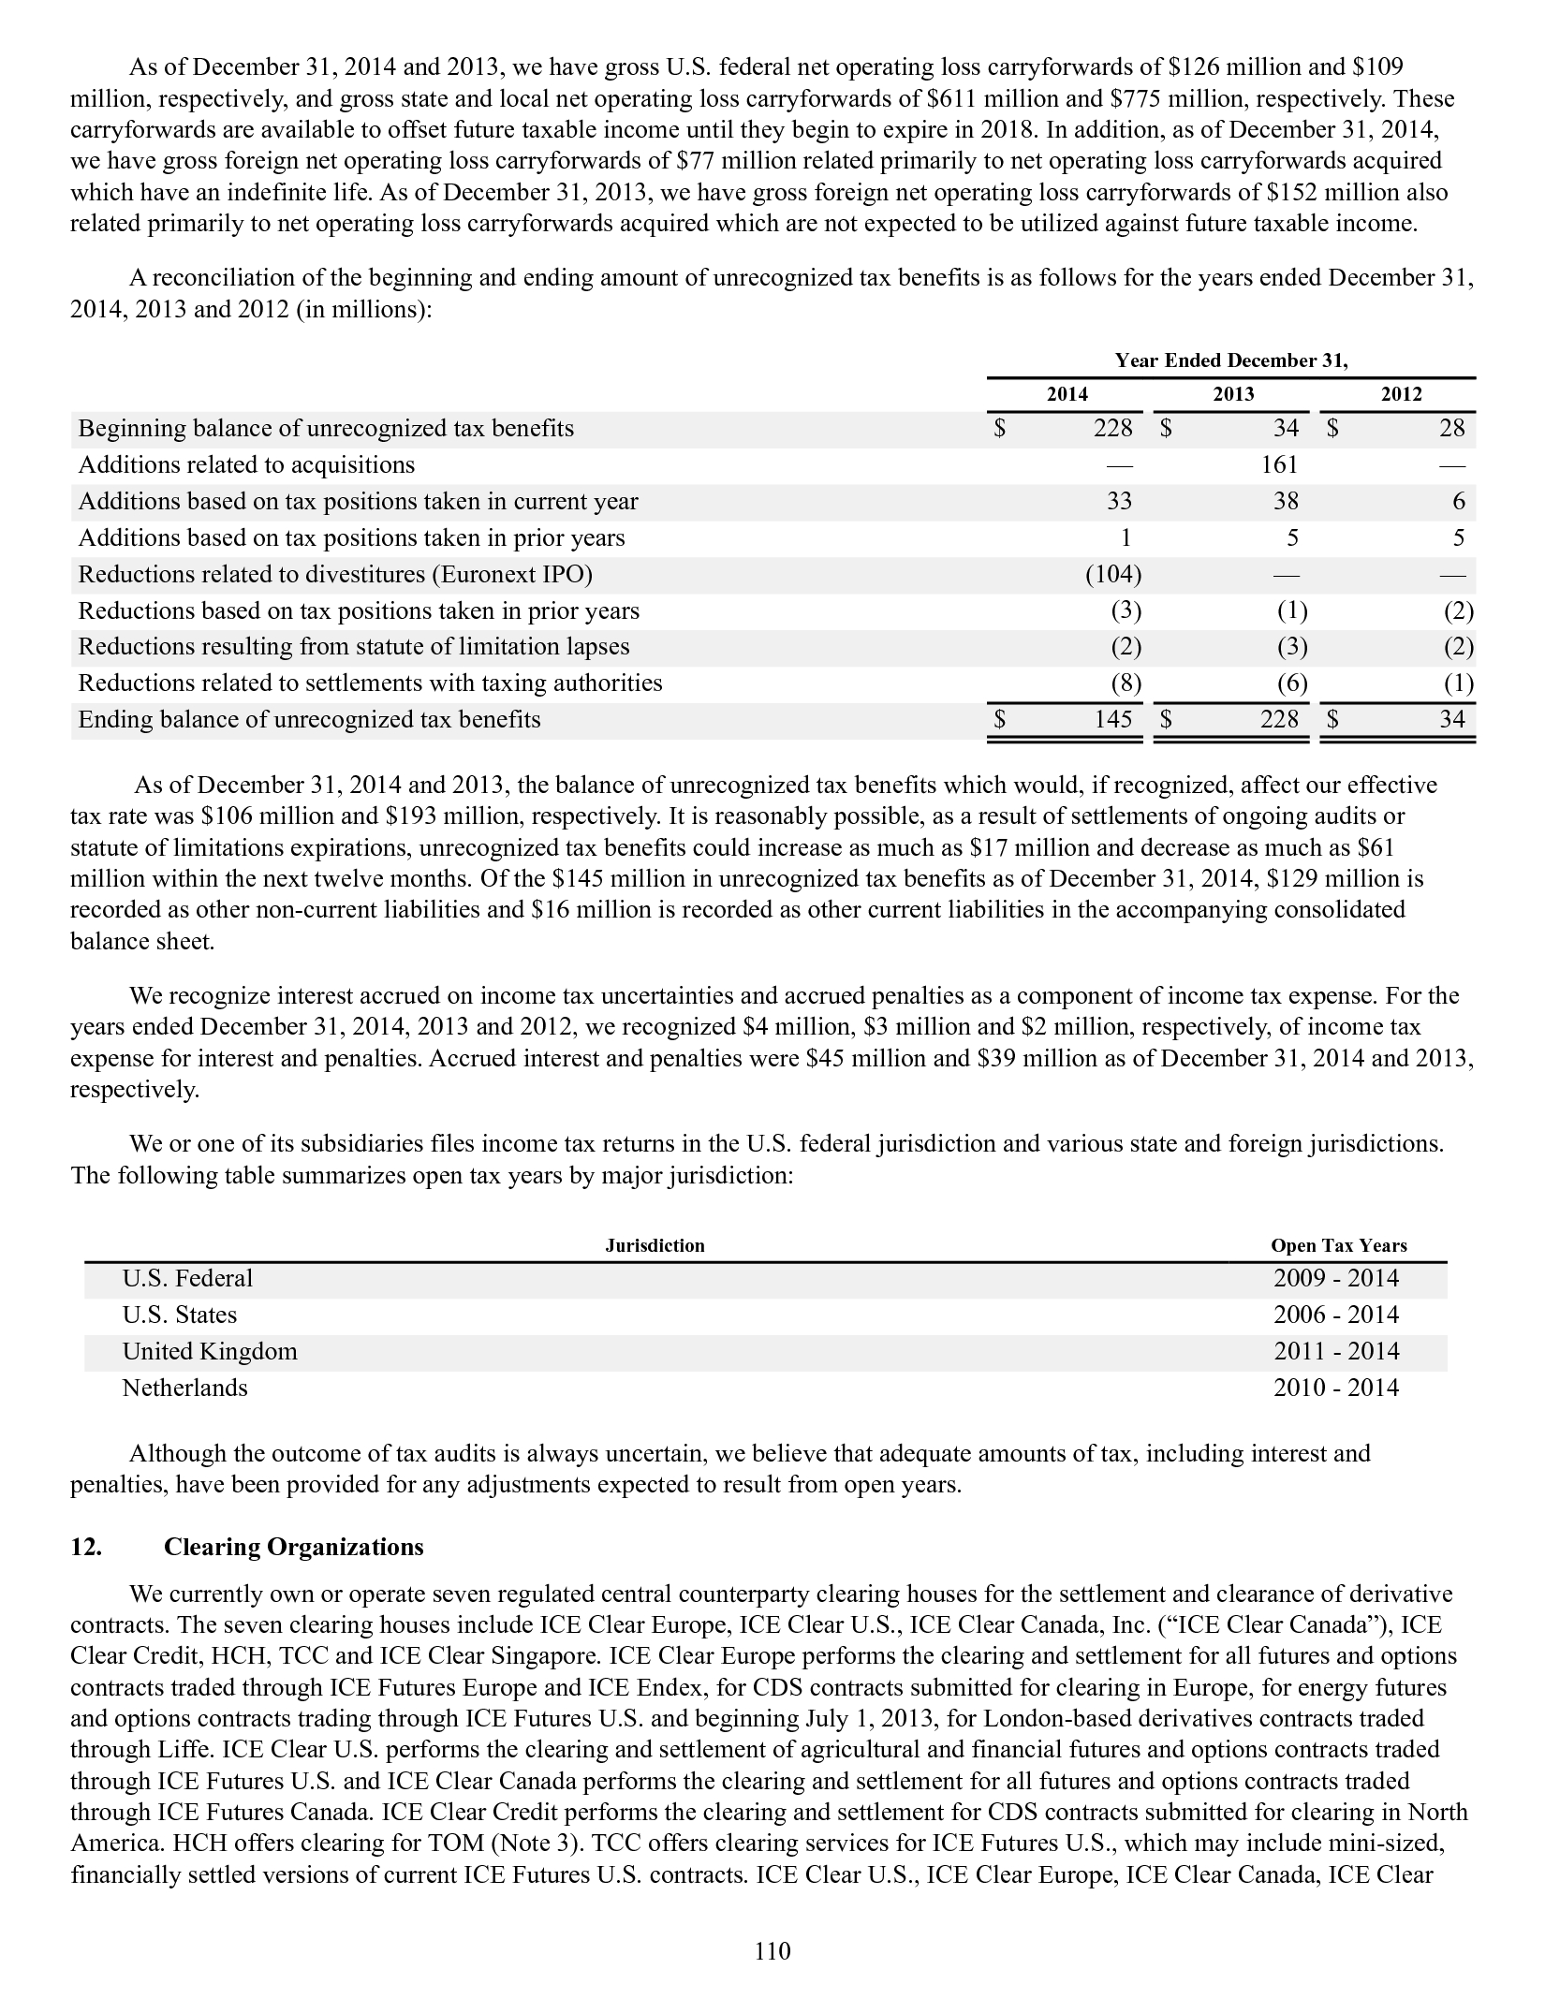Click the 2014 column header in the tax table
(1067, 394)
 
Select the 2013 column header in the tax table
(1233, 394)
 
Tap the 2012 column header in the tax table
(1401, 394)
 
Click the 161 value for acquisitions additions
(1279, 465)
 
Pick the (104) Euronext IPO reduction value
(1113, 574)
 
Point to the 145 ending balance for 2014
(1113, 720)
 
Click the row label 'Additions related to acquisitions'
(246, 465)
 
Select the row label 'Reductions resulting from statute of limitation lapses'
(354, 647)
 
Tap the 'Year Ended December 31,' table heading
(1231, 360)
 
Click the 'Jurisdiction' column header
(655, 1245)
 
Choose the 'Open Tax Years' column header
(1338, 1245)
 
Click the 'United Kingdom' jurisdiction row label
(210, 1351)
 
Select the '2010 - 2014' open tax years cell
(1336, 1388)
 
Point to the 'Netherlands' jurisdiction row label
(185, 1388)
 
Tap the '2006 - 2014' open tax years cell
(1336, 1315)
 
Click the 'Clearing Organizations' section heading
(294, 1547)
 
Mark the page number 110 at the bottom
(772, 1951)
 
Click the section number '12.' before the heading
(86, 1547)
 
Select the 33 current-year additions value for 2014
(1119, 502)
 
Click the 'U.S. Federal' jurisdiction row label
(187, 1279)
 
